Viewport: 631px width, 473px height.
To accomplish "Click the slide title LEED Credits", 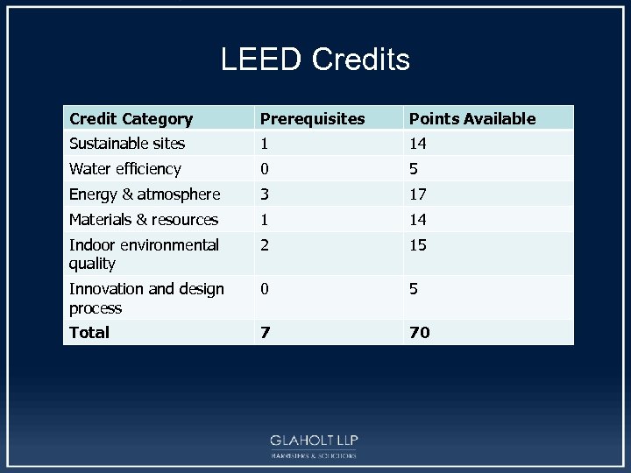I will [x=315, y=60].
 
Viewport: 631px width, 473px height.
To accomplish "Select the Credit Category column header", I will [x=131, y=118].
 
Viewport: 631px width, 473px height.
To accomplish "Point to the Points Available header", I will [x=471, y=118].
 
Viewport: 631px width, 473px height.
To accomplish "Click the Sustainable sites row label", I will [x=127, y=143].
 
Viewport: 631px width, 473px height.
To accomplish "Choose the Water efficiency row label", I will [x=124, y=168].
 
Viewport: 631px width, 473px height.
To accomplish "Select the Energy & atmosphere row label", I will [x=144, y=194].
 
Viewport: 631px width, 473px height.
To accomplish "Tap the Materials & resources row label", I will [x=144, y=219].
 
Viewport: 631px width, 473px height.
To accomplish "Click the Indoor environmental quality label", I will [x=144, y=254].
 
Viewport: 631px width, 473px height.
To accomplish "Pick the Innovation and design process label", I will [x=146, y=298].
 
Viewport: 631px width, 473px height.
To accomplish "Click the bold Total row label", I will [x=89, y=332].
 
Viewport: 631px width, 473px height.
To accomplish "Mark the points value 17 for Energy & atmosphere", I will [x=418, y=194].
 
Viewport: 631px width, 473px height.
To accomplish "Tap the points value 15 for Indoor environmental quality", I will [x=418, y=245].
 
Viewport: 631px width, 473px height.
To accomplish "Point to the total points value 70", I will [x=419, y=332].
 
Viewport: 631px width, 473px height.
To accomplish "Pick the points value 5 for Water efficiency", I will [x=414, y=168].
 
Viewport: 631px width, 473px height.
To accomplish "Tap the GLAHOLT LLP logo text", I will [x=314, y=440].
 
